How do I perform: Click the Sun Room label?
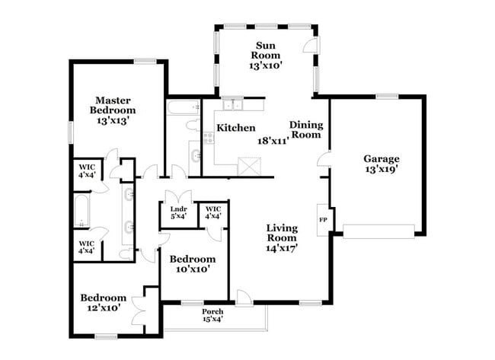point(266,56)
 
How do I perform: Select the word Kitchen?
point(235,128)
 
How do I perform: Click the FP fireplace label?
point(323,220)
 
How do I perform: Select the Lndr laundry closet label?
point(178,212)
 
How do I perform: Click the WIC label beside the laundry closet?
point(213,212)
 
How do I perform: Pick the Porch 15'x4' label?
point(212,316)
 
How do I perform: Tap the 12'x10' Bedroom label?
point(104,302)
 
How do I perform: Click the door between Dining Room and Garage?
point(323,160)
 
